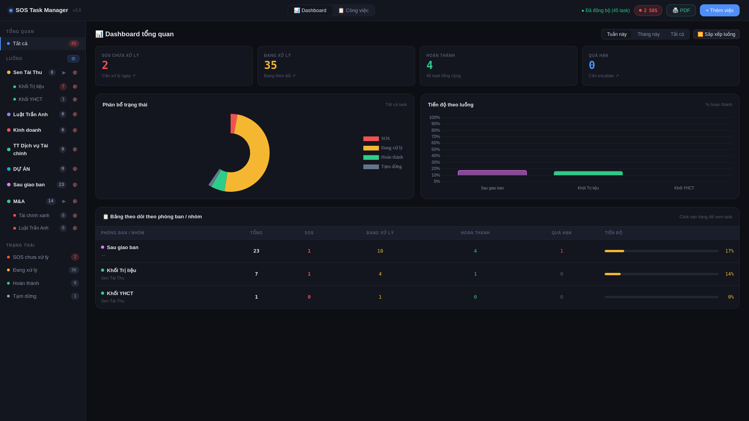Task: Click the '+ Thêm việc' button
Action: coord(719,11)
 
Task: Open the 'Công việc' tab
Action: coord(353,11)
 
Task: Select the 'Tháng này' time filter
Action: coord(648,34)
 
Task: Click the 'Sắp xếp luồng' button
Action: coord(716,34)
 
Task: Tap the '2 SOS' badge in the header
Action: coord(648,11)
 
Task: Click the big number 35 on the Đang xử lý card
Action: coord(270,65)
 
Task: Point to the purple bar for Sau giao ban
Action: coord(492,173)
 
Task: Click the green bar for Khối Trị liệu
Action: coord(588,173)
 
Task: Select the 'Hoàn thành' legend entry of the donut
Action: coord(383,157)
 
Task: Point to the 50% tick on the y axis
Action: coord(435,149)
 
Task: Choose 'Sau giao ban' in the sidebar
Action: coord(29,185)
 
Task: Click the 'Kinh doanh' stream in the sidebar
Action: coord(27,130)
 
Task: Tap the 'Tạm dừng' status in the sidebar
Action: coord(25,296)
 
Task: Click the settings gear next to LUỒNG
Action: coord(73,59)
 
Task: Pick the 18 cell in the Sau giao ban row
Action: coord(380,251)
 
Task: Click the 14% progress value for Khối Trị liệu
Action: coord(729,274)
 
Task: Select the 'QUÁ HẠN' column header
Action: coord(561,233)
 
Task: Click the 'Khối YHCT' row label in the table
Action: coord(120,294)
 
